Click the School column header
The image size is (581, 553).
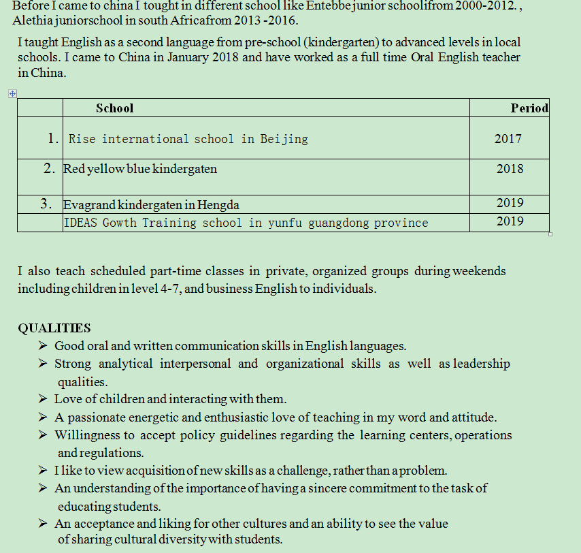[x=114, y=108]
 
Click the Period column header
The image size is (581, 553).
[x=529, y=108]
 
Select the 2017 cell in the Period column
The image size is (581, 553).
[x=508, y=139]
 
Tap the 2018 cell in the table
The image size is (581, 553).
[x=510, y=168]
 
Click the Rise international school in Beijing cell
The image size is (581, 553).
[x=188, y=139]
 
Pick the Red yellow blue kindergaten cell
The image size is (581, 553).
[x=140, y=168]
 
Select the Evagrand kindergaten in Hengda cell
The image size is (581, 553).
[x=151, y=204]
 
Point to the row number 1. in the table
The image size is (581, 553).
[x=53, y=138]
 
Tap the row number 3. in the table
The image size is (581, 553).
[x=46, y=203]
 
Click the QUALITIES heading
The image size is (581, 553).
[x=54, y=328]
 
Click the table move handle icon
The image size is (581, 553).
[x=12, y=94]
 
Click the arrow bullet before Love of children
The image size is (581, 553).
[x=43, y=399]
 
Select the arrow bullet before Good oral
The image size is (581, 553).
[x=43, y=346]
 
